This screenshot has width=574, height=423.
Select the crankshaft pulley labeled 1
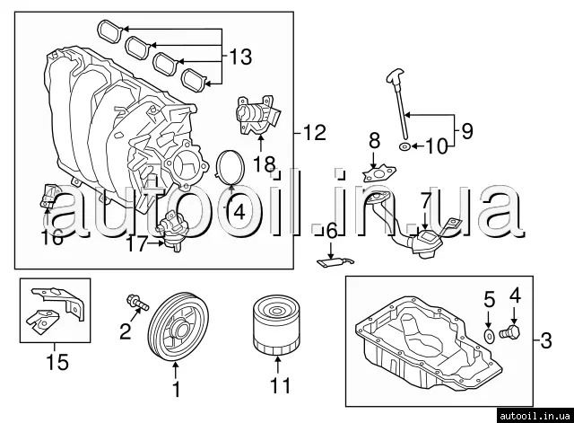[177, 331]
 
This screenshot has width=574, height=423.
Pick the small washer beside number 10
[405, 145]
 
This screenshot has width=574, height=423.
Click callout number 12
[314, 134]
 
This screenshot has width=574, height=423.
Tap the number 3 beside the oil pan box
[546, 340]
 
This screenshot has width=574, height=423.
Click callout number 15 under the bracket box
[58, 363]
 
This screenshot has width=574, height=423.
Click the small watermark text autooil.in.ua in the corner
[535, 412]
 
